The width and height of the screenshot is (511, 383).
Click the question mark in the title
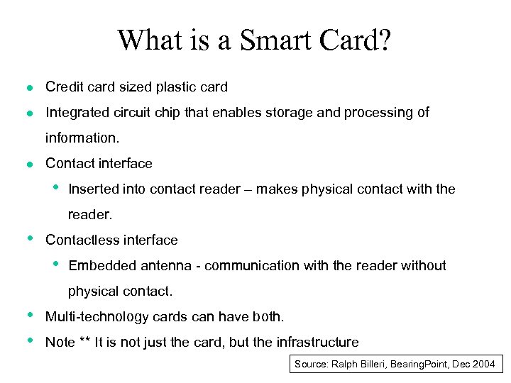pyautogui.click(x=384, y=40)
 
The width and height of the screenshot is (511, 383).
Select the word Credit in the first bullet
pyautogui.click(x=63, y=87)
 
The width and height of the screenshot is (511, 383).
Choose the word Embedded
pyautogui.click(x=99, y=266)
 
